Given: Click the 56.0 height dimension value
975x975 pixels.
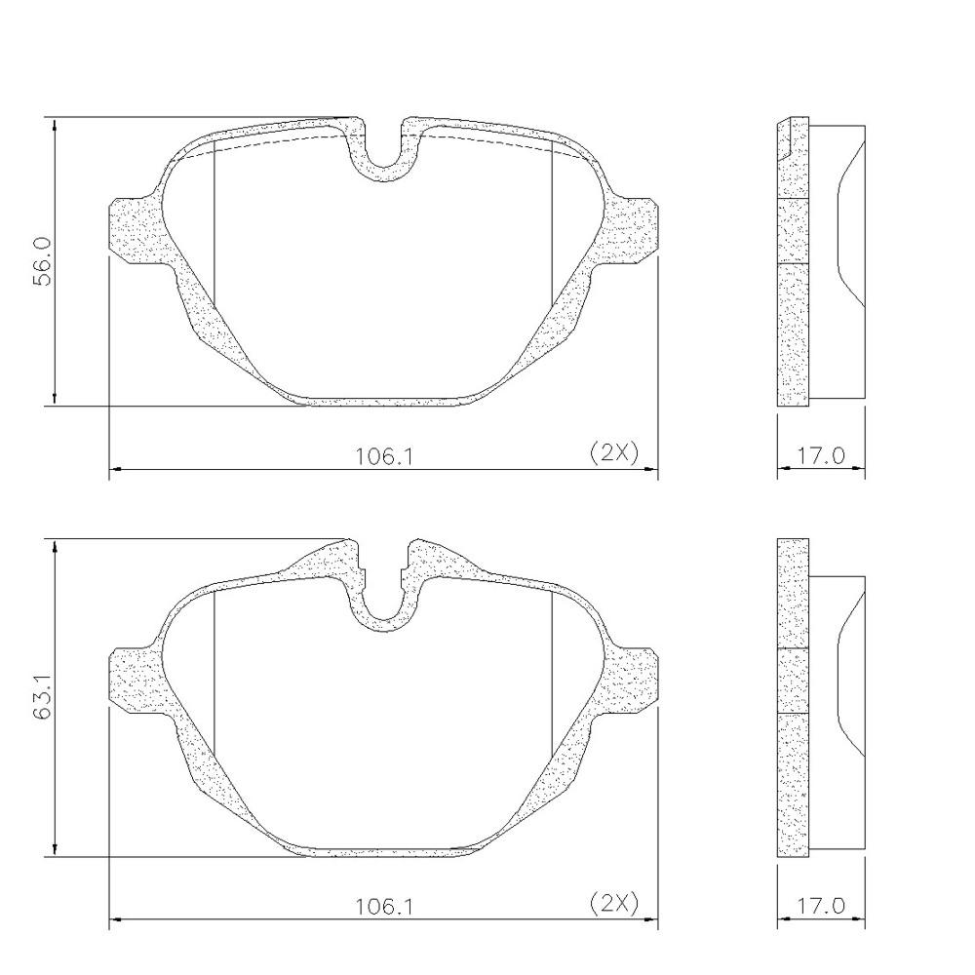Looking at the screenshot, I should pos(43,260).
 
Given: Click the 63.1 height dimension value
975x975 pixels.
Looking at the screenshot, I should pos(43,698).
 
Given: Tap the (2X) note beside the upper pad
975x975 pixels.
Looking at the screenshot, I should pos(614,452).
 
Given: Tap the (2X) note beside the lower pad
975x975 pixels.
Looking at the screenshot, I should pos(614,903).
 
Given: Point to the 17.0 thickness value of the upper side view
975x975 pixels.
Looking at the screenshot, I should pos(820,455).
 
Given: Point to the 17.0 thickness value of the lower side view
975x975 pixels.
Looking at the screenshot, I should pos(820,905).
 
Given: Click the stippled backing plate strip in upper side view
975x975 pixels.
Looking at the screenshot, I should pos(793,292).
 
